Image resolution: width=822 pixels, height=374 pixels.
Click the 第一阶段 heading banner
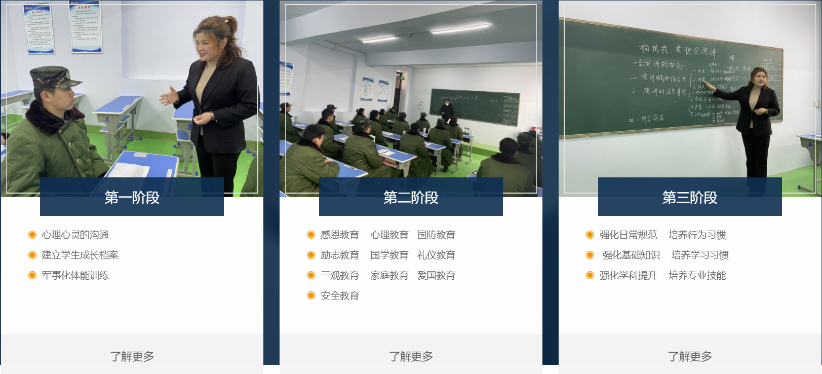(132, 197)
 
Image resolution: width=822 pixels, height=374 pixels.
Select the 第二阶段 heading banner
(411, 197)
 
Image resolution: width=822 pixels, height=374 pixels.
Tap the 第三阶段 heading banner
(690, 197)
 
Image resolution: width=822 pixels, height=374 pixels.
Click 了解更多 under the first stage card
(132, 356)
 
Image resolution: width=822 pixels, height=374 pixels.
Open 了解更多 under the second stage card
(411, 356)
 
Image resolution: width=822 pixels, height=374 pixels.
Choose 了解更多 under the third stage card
(690, 356)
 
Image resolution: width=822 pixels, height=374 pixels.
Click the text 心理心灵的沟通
(75, 235)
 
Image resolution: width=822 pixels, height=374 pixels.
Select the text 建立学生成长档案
(80, 255)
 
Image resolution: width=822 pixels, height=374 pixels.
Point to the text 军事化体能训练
(75, 275)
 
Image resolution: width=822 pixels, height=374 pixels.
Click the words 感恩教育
(339, 235)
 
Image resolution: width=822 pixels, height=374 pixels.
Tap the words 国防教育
(436, 235)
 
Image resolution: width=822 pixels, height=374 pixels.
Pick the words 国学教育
(389, 255)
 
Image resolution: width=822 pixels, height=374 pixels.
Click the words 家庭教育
(389, 275)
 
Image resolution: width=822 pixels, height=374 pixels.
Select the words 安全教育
(339, 295)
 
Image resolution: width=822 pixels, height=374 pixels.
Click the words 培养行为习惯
(697, 235)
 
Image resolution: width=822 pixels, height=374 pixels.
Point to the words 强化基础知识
(631, 255)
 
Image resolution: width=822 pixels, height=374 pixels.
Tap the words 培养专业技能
(697, 275)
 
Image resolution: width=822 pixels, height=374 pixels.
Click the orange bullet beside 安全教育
(311, 295)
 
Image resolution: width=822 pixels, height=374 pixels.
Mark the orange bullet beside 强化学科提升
(590, 275)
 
